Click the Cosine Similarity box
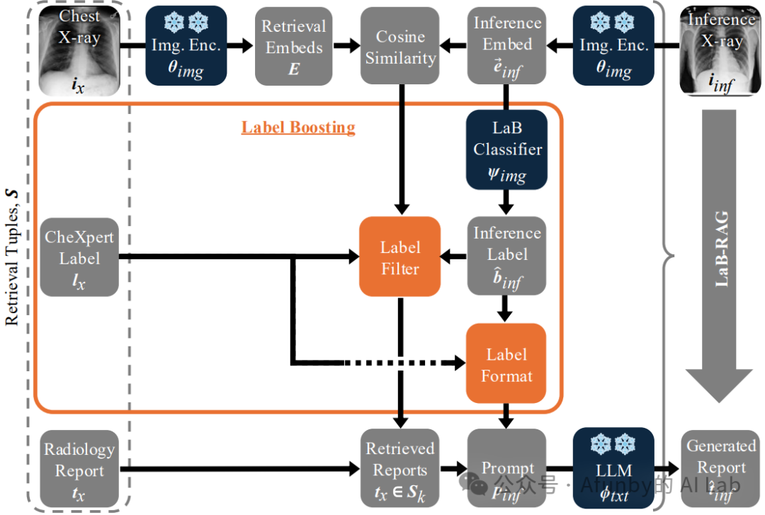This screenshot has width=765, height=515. point(400,46)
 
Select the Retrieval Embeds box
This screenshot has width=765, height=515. point(293,46)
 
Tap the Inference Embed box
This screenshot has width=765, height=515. point(506,46)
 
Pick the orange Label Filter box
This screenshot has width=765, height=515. point(400,256)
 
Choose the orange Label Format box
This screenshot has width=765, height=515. point(506,364)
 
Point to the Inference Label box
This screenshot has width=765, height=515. point(506,256)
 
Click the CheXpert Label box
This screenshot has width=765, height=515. point(79,256)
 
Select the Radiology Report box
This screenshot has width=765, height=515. point(79,469)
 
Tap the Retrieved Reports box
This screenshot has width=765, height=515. point(400,469)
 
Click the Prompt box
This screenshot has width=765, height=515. point(506,469)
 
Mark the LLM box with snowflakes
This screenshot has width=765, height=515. point(613,469)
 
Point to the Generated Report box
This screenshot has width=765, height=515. point(721,469)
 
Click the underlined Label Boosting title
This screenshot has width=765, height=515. point(298,128)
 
